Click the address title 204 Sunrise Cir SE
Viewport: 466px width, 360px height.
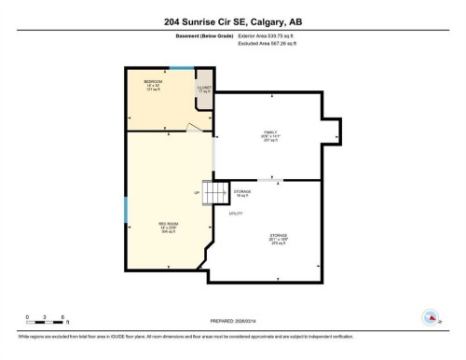coord(232,21)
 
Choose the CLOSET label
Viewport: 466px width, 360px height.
coord(204,90)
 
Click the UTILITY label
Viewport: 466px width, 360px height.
coord(236,214)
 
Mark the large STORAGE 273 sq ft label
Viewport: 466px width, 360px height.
coord(278,239)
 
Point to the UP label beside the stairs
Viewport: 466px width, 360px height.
coord(198,193)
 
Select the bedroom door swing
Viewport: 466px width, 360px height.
coord(193,127)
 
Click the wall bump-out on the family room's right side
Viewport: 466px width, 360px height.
coord(332,132)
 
